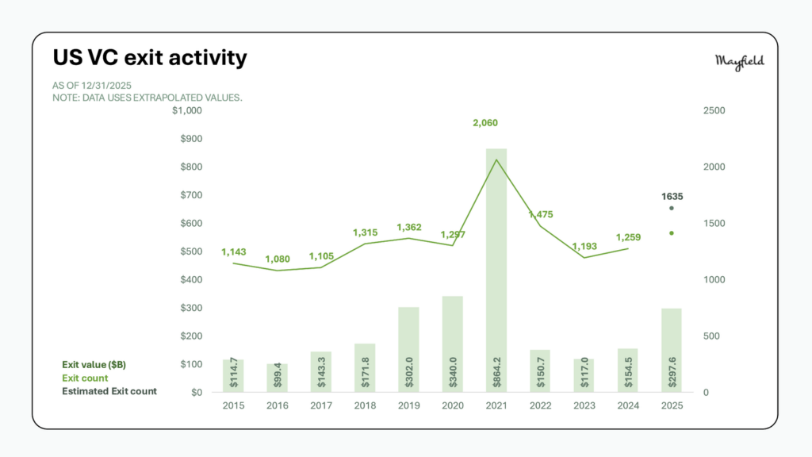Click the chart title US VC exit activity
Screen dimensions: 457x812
(150, 58)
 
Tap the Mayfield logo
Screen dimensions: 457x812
(739, 62)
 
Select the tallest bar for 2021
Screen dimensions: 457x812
(496, 270)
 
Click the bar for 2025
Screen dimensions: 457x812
(671, 349)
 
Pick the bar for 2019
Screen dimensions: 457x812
(408, 349)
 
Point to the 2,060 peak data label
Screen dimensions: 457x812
(485, 123)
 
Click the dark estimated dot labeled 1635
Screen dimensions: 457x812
(671, 209)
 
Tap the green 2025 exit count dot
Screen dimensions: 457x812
(671, 233)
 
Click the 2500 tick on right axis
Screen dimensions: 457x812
(714, 110)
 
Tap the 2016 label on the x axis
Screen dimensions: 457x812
(277, 405)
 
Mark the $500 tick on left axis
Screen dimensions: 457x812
(190, 252)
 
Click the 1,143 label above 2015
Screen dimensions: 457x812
(233, 252)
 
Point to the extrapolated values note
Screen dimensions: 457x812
(147, 97)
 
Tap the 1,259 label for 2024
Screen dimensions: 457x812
(627, 236)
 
